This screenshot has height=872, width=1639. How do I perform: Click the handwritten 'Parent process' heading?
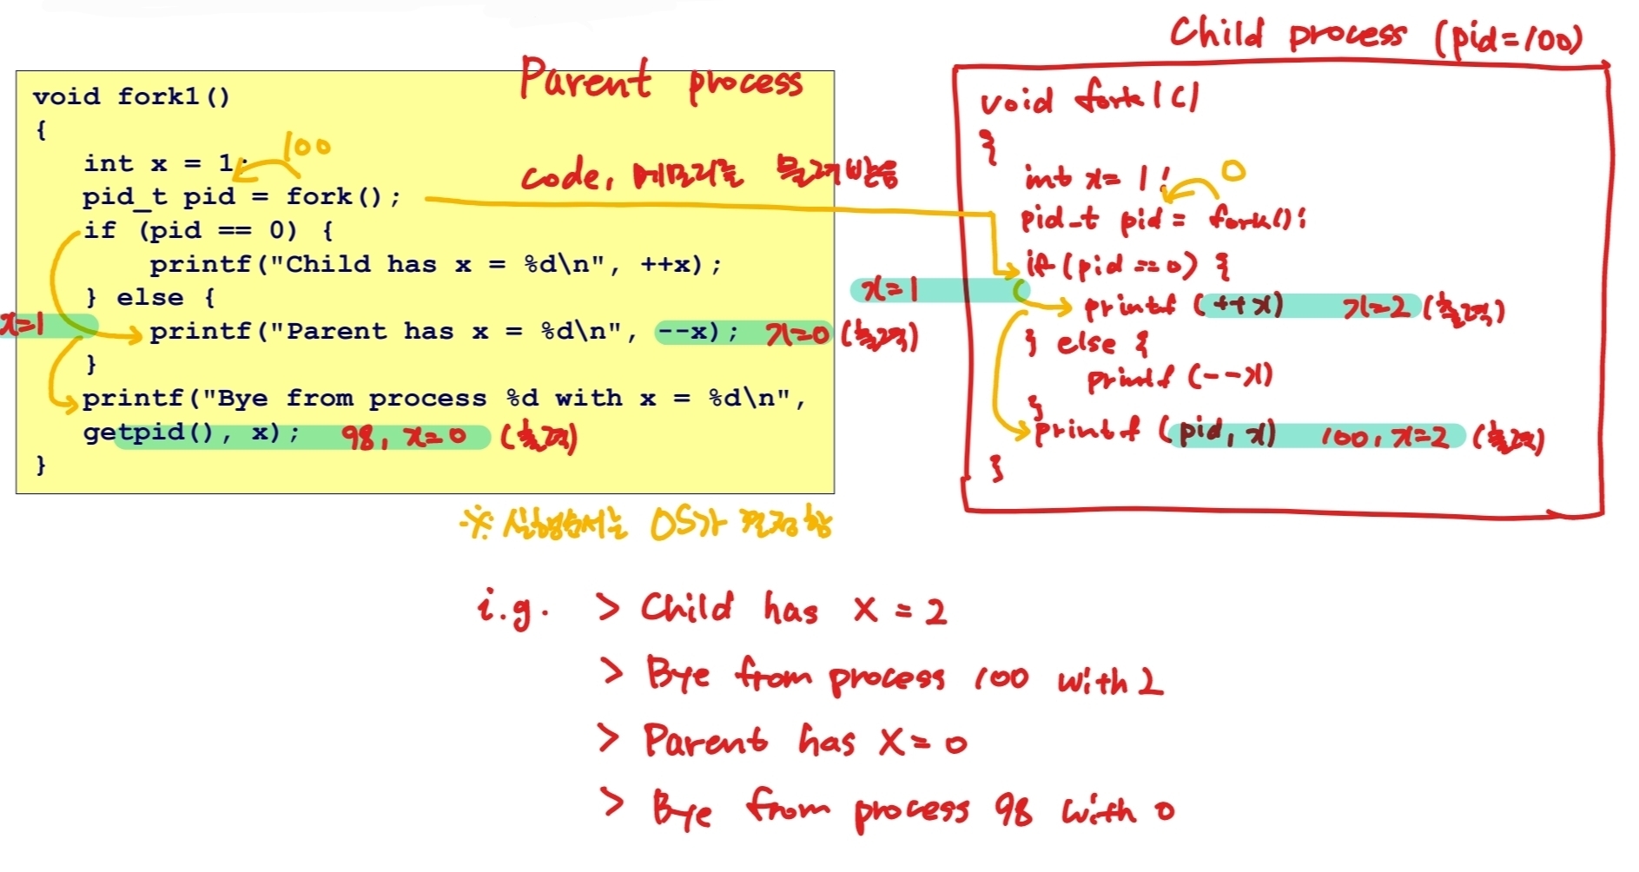coord(660,80)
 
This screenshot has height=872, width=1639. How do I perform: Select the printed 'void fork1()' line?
coord(131,96)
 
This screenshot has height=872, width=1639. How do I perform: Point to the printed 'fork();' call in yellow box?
coord(343,197)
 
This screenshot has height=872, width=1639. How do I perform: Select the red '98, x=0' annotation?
coord(404,436)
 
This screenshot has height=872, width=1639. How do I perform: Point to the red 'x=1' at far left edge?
coord(21,325)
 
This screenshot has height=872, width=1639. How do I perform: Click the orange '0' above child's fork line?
coord(1233,170)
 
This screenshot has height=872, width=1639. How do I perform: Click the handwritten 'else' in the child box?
coord(1086,343)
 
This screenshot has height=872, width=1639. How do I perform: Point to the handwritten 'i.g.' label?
coord(512,606)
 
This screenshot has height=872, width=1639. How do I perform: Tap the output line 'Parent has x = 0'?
coord(804,741)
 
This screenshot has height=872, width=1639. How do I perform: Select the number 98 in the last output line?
coord(1014,809)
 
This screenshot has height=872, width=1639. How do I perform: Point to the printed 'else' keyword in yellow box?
coord(149,298)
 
